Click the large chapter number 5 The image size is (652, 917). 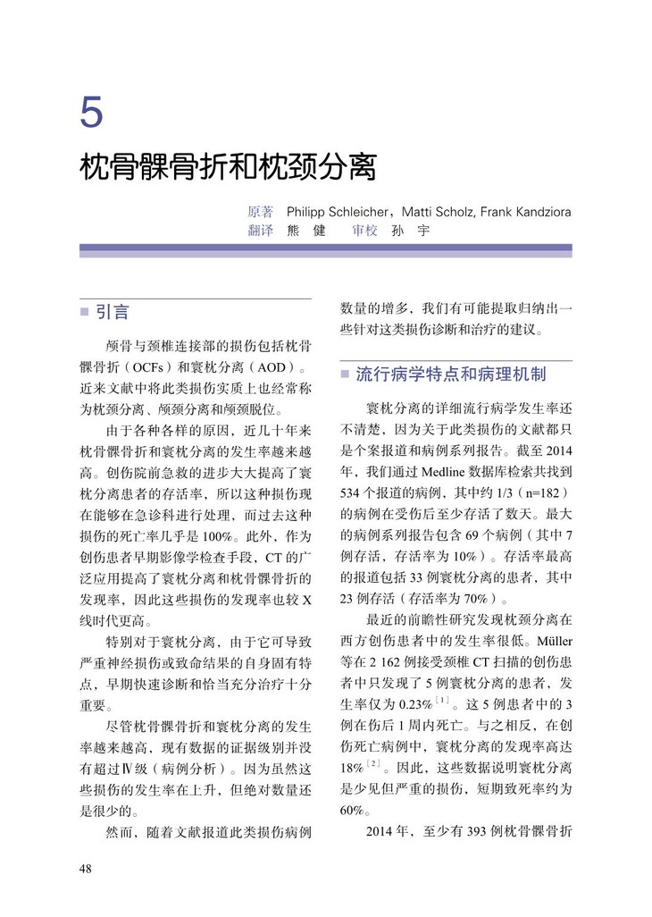(x=91, y=113)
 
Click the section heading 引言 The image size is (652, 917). (x=113, y=312)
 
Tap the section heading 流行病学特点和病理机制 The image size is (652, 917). (x=450, y=374)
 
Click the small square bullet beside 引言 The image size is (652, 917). (x=85, y=313)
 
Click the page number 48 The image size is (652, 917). (x=87, y=868)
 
